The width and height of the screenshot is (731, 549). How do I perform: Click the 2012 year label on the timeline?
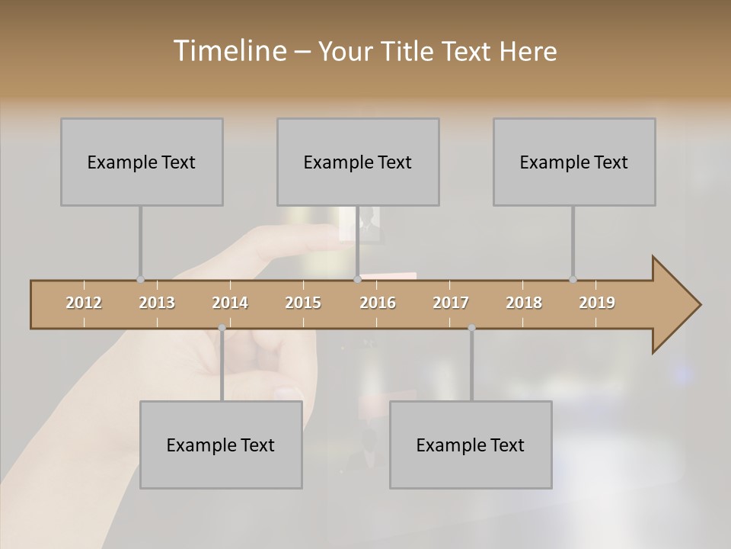[x=84, y=303]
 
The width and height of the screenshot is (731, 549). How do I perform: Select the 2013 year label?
[x=157, y=303]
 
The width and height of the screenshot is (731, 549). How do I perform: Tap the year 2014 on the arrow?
[x=230, y=303]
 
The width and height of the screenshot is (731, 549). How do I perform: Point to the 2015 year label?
[x=303, y=303]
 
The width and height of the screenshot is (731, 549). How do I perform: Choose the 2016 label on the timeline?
[x=378, y=303]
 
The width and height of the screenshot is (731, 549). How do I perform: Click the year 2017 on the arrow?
[x=451, y=303]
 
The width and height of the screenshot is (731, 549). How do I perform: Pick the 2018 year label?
[x=524, y=303]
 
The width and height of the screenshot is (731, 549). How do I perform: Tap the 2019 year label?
[x=597, y=303]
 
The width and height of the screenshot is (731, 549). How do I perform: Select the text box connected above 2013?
[x=142, y=162]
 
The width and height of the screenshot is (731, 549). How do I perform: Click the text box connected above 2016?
[x=358, y=162]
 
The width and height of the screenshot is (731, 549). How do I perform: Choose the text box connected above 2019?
[x=574, y=162]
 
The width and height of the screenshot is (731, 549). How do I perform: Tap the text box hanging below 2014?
[x=221, y=445]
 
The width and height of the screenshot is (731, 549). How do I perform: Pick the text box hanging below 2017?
[x=471, y=445]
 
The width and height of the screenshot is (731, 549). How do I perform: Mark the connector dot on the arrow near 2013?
[x=140, y=280]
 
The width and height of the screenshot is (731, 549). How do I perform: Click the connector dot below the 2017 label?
[x=471, y=328]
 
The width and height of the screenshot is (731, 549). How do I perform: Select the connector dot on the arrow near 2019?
[x=573, y=280]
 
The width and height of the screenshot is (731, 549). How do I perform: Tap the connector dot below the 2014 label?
[x=222, y=328]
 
